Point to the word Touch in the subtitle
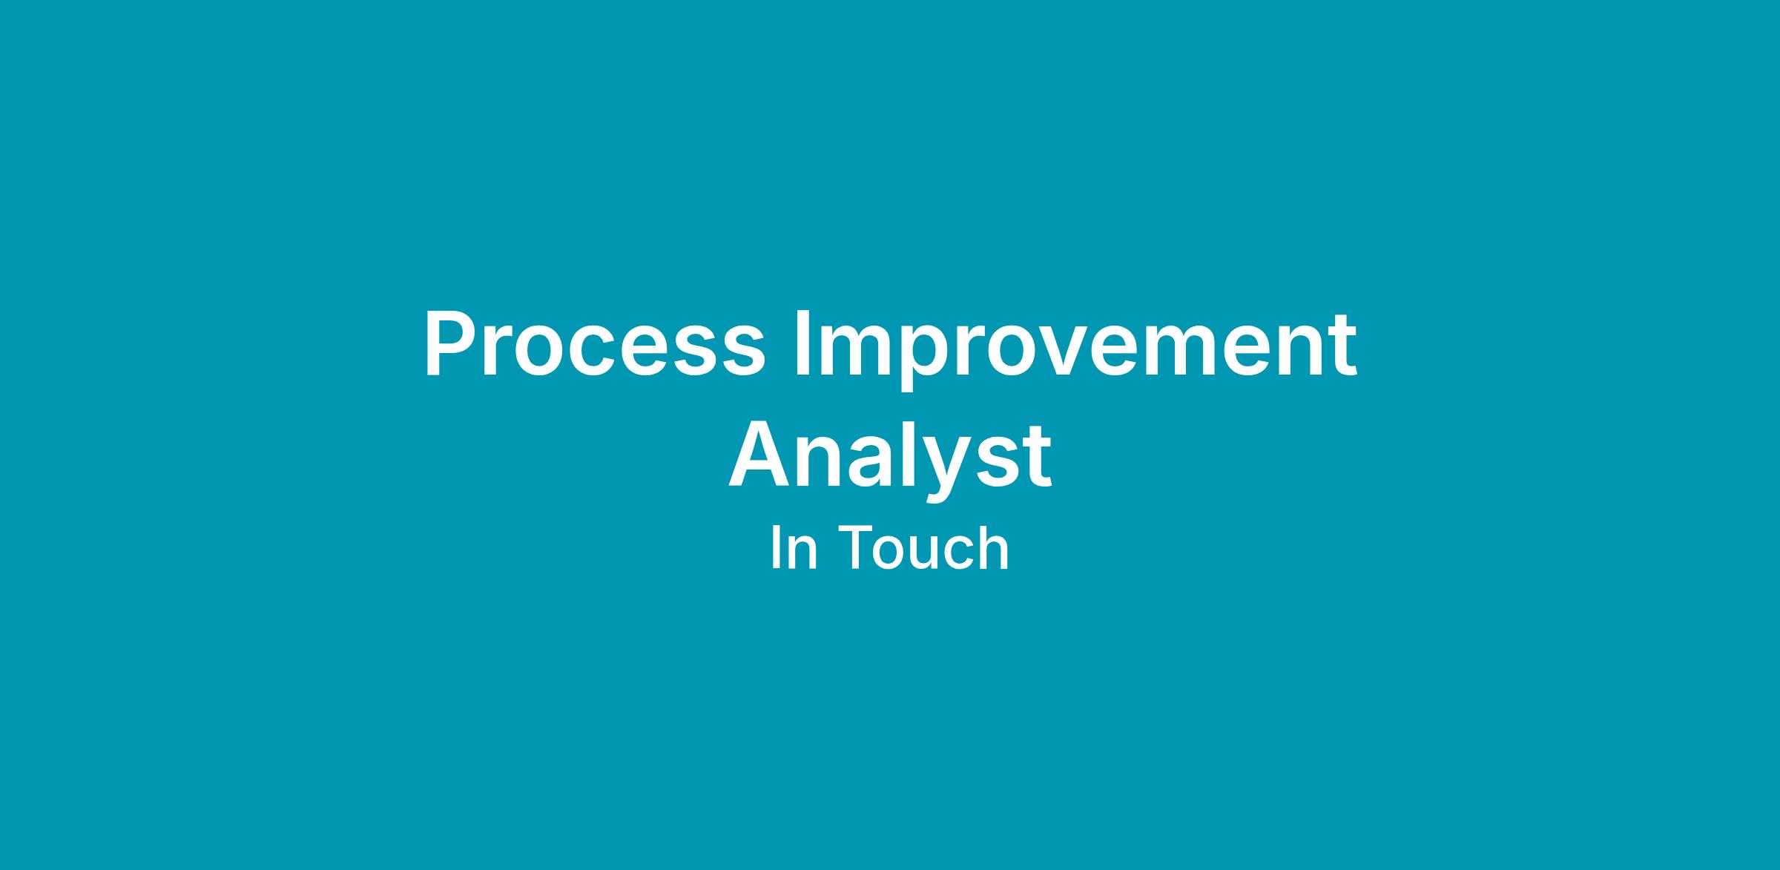tap(925, 548)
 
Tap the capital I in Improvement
tap(801, 344)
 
